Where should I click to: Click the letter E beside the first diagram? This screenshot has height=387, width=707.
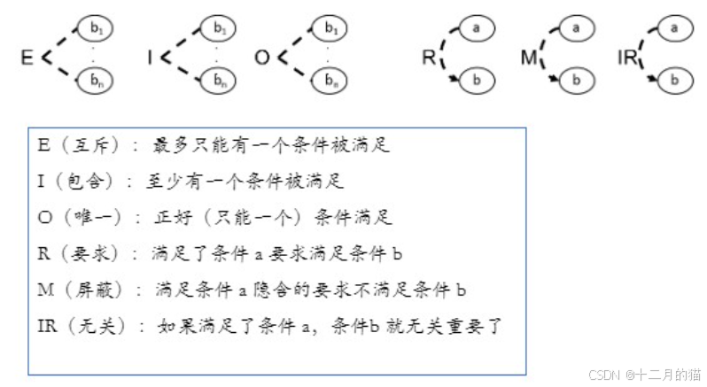click(x=27, y=58)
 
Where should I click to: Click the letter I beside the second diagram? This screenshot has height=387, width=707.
click(x=151, y=58)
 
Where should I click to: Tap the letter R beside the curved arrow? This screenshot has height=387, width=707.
click(x=427, y=59)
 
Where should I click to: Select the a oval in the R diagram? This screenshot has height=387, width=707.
click(x=477, y=28)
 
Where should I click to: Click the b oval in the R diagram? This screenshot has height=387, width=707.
click(x=478, y=81)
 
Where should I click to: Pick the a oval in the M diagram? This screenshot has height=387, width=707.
click(x=577, y=28)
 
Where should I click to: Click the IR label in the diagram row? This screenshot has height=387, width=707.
click(x=627, y=59)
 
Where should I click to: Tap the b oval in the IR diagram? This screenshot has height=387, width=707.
click(x=677, y=81)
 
